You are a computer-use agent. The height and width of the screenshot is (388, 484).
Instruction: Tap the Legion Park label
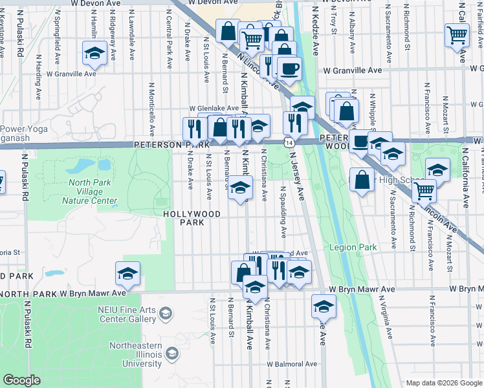coord(353,247)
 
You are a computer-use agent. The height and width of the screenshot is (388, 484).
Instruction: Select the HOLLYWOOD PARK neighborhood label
coord(192,218)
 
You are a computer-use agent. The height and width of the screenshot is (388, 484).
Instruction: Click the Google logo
coord(22,380)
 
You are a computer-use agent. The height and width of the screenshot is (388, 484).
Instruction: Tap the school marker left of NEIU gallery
coord(127,274)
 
